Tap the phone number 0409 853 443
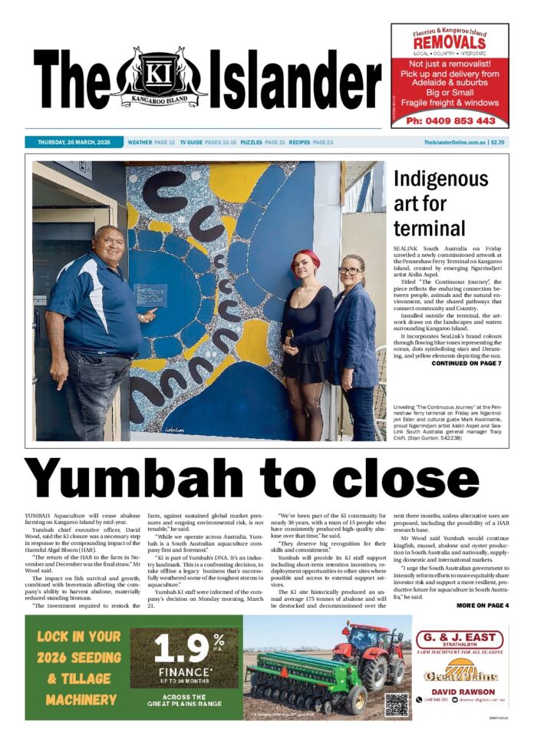click(450, 120)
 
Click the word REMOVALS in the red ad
click(450, 42)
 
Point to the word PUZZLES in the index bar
click(251, 143)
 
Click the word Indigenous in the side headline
click(440, 180)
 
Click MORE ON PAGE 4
click(482, 605)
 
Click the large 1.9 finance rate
click(182, 648)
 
